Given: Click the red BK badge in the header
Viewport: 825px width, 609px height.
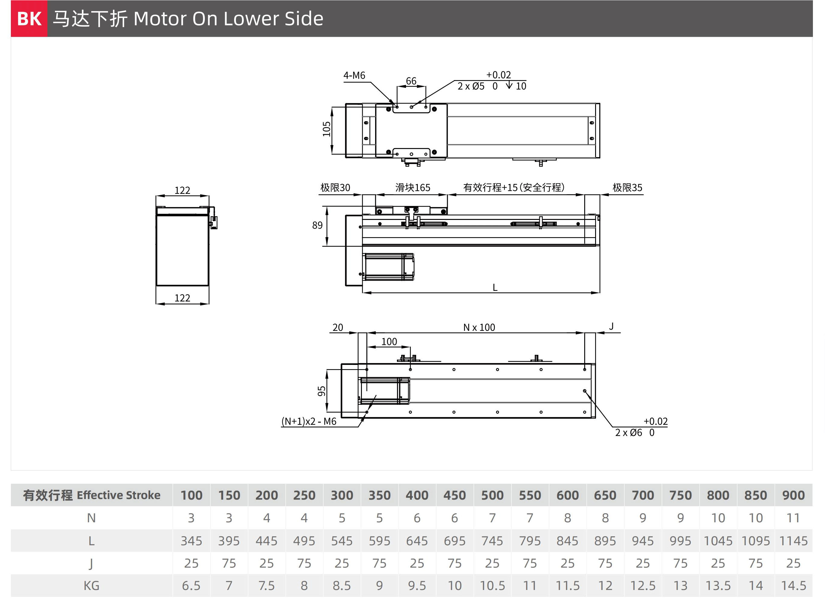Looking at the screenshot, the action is pyautogui.click(x=29, y=18).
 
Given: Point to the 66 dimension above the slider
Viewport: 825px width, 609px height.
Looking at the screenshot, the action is pyautogui.click(x=411, y=81).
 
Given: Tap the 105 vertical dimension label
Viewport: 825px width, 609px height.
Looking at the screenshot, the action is pyautogui.click(x=327, y=129).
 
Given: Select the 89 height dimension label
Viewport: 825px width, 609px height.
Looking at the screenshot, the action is pyautogui.click(x=317, y=225).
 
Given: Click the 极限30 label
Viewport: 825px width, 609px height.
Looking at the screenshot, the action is pyautogui.click(x=335, y=188).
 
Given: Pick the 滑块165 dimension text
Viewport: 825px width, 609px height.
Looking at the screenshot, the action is pyautogui.click(x=413, y=188).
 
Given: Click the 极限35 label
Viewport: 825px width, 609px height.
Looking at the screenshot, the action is pyautogui.click(x=627, y=188).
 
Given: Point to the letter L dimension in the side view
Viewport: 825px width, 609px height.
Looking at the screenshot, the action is pyautogui.click(x=495, y=288).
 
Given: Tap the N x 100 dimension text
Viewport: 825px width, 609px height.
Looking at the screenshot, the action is pyautogui.click(x=479, y=327).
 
